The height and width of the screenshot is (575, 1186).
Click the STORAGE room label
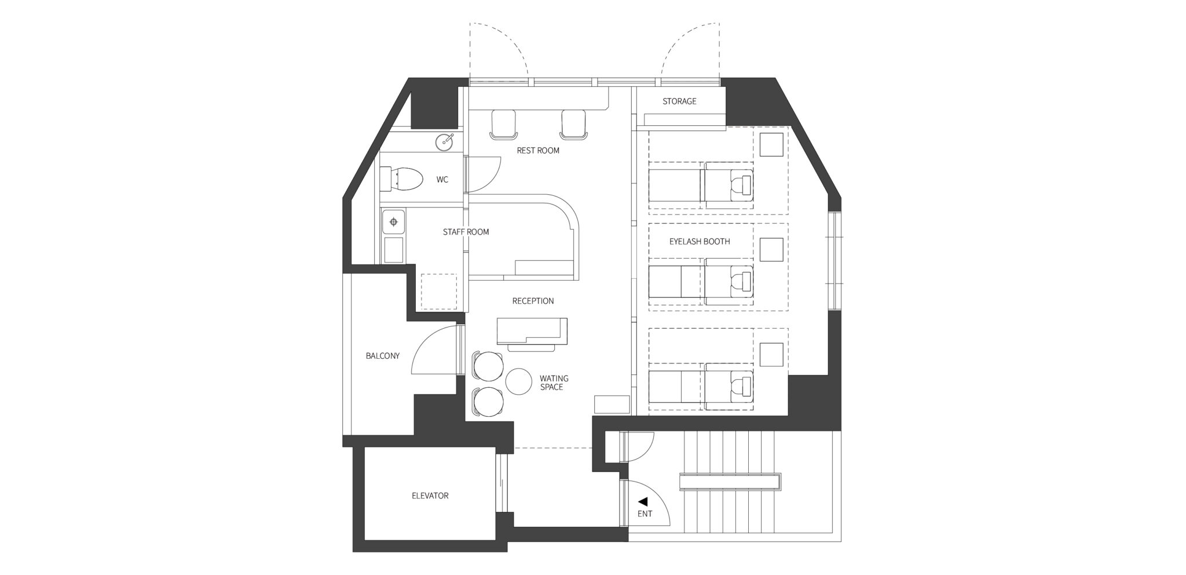click(679, 101)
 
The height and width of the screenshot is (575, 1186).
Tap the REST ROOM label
click(538, 151)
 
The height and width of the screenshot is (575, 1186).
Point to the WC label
click(442, 180)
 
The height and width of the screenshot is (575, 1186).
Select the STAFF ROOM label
click(466, 232)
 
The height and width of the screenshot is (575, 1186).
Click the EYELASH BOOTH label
click(700, 241)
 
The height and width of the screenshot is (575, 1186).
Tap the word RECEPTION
click(533, 301)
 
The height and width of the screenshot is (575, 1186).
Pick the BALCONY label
click(383, 356)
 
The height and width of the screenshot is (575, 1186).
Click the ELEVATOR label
click(430, 496)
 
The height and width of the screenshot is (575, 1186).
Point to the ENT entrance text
click(645, 514)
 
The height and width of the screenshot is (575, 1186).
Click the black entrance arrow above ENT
click(642, 502)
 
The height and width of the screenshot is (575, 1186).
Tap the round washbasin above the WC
click(445, 141)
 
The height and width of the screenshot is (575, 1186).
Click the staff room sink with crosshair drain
click(394, 222)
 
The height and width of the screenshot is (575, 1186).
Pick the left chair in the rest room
click(503, 125)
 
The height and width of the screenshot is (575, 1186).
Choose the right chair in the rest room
click(574, 125)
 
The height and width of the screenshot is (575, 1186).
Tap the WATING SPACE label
click(554, 383)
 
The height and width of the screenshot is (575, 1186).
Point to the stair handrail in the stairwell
click(730, 482)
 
